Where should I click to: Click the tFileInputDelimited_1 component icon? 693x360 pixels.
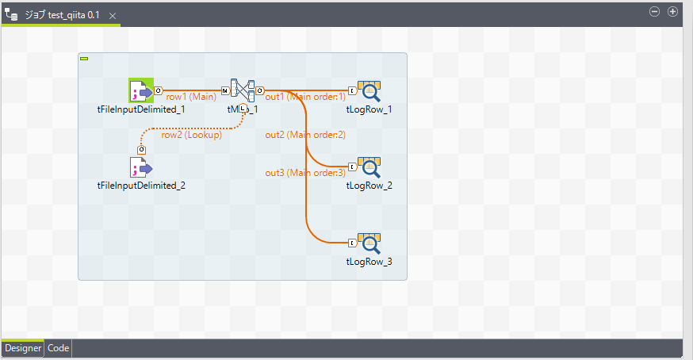[x=141, y=90]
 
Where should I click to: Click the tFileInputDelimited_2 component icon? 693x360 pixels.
[x=141, y=167]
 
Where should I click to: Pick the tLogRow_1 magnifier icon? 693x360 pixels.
[x=369, y=91]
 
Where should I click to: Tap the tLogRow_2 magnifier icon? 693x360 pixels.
[x=369, y=167]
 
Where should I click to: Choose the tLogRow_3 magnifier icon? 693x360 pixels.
[x=369, y=243]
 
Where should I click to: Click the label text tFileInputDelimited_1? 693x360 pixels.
[x=141, y=109]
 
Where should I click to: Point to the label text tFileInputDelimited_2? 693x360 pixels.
[x=141, y=186]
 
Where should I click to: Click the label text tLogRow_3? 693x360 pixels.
[x=369, y=262]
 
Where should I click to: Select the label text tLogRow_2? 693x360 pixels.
[x=369, y=186]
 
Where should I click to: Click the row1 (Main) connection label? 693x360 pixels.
[x=191, y=97]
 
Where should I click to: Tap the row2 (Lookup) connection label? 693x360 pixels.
[x=191, y=135]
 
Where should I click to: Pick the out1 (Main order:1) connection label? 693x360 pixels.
[x=305, y=97]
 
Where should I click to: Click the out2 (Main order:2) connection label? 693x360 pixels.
[x=305, y=135]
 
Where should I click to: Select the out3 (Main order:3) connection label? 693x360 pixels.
[x=305, y=173]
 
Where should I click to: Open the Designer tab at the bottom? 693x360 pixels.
[x=22, y=348]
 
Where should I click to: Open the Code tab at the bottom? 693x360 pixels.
[x=59, y=348]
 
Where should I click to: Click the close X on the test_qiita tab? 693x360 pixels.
[x=112, y=16]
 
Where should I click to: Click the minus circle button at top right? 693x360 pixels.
[x=655, y=12]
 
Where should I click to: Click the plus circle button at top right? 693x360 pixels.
[x=672, y=12]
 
